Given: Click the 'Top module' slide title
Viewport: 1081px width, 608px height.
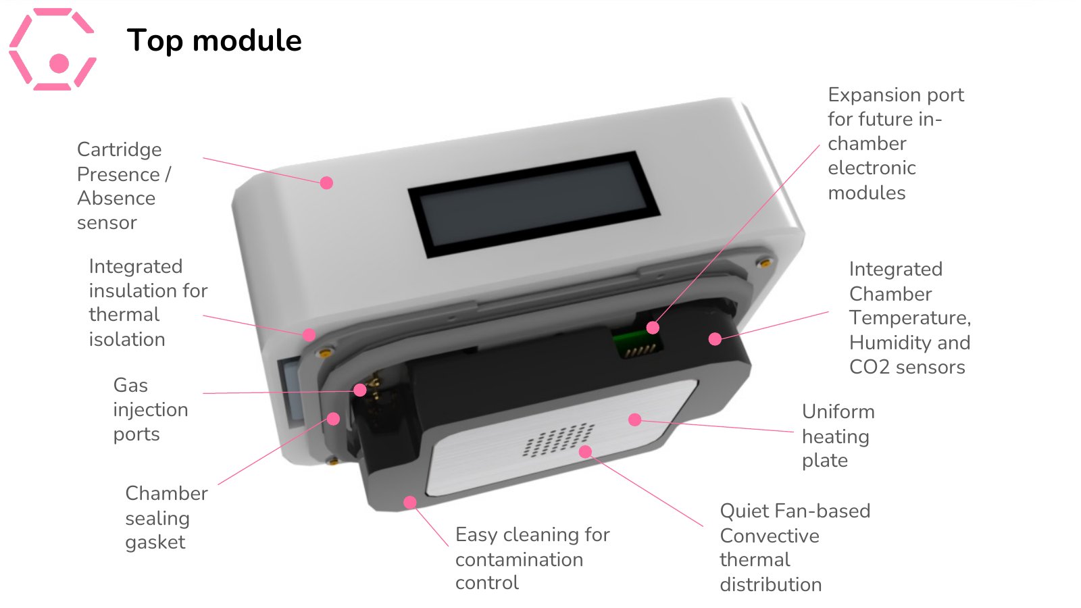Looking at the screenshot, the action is tap(213, 41).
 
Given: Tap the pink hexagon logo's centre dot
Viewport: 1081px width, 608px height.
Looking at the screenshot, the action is tap(59, 64).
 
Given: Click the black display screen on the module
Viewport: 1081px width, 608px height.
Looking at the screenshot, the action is tap(534, 205).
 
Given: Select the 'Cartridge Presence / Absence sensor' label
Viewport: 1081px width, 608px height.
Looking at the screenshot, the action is tap(124, 186).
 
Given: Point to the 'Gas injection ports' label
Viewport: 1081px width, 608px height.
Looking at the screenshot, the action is tap(151, 409).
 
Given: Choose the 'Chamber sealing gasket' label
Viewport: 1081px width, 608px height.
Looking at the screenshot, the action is tap(166, 517).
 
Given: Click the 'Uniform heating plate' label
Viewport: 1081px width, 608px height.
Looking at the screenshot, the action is tap(838, 436).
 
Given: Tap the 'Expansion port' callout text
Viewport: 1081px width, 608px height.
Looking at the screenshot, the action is tap(896, 95).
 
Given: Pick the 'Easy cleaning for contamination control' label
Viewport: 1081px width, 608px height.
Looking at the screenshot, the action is tap(532, 559).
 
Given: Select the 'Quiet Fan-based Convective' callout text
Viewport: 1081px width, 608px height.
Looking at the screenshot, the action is tap(795, 524).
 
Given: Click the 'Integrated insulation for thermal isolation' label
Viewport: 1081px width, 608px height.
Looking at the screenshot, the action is tap(148, 303).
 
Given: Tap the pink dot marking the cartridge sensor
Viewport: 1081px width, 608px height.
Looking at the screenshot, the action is tap(327, 183).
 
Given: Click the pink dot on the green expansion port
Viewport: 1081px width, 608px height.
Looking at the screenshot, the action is tap(653, 328).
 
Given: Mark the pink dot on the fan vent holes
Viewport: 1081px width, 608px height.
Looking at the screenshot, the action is tap(585, 452).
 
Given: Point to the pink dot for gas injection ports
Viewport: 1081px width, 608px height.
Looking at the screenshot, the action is tap(359, 390).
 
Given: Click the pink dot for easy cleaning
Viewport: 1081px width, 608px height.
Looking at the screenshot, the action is tap(409, 503).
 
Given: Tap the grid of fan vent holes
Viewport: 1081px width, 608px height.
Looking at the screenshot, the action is tap(558, 440).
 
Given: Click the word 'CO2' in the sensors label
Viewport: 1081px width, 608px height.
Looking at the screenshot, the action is tap(869, 368).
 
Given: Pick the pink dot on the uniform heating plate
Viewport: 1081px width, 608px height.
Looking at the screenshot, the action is tap(635, 420).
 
